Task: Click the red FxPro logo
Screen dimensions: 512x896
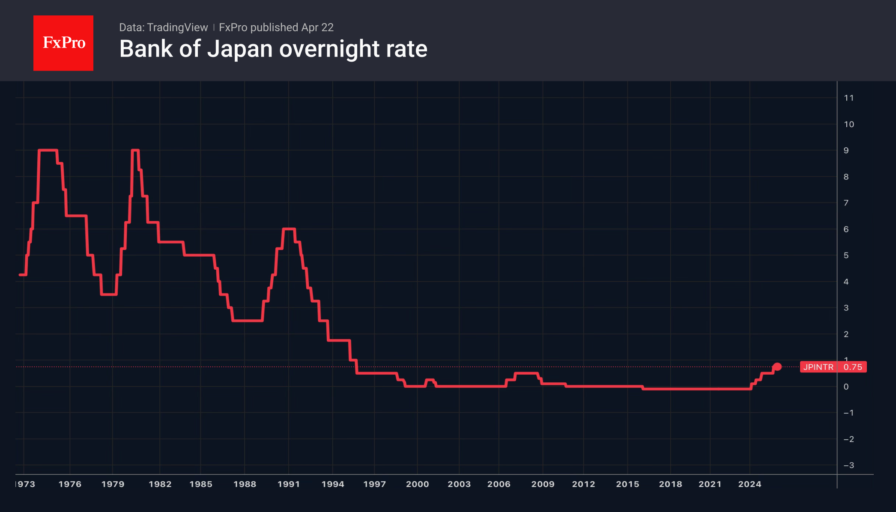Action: click(x=63, y=43)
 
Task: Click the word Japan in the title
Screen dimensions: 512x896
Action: click(x=239, y=49)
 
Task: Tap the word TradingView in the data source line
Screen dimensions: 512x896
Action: click(x=177, y=27)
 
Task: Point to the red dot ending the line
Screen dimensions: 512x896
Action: click(x=777, y=367)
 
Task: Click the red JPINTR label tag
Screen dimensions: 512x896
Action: click(x=818, y=367)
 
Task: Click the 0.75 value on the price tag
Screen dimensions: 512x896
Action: click(x=852, y=367)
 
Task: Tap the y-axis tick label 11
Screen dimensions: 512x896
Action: click(x=848, y=98)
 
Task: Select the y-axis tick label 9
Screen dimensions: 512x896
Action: click(x=846, y=151)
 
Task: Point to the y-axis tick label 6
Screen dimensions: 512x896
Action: click(x=846, y=229)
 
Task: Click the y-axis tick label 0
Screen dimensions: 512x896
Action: click(x=846, y=387)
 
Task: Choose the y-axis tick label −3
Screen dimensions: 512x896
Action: click(x=848, y=465)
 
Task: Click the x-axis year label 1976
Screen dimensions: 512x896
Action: click(x=70, y=484)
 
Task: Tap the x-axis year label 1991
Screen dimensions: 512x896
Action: click(x=289, y=484)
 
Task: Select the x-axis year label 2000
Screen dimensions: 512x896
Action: click(x=417, y=484)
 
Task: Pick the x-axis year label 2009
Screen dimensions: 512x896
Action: click(x=543, y=484)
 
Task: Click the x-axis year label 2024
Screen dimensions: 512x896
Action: click(x=750, y=484)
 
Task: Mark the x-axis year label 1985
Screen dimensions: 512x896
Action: click(x=201, y=484)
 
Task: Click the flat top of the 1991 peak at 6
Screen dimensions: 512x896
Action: click(x=289, y=229)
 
